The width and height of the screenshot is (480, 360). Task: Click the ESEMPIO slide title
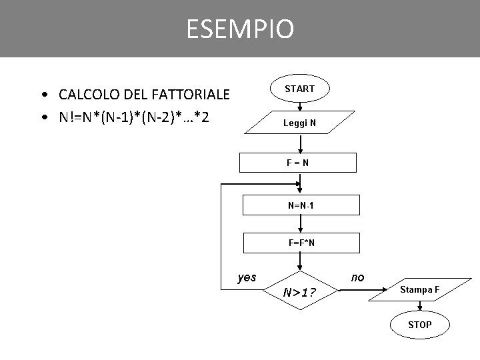pos(239,29)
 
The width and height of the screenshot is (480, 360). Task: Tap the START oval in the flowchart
pos(300,88)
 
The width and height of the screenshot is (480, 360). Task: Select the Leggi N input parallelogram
pos(300,123)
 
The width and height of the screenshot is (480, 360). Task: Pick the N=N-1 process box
pos(301,205)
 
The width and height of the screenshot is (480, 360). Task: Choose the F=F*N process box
pos(301,243)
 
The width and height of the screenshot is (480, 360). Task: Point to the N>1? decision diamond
pos(300,291)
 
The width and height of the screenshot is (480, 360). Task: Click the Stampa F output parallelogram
pos(419,289)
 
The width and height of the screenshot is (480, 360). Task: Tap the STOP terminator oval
pos(419,325)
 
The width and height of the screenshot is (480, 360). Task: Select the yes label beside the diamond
pos(247,277)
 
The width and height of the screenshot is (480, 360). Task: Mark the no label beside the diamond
pos(357,277)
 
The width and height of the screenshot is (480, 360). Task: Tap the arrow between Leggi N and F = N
pos(301,143)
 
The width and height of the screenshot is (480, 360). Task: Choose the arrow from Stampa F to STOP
pos(419,307)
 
